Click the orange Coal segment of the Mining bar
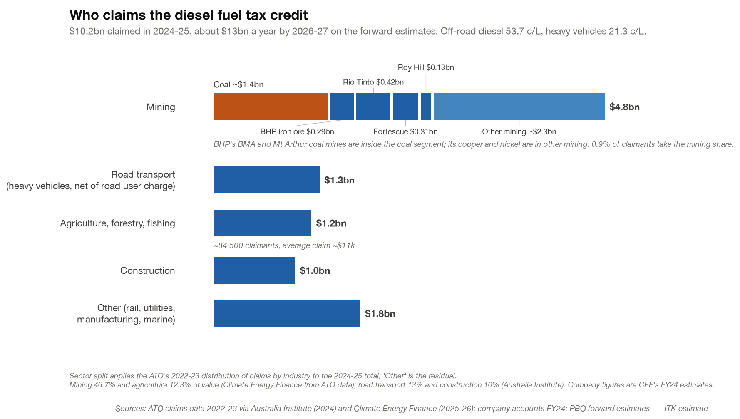coord(271,107)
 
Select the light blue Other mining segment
coord(519,107)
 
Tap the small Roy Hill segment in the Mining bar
coord(426,107)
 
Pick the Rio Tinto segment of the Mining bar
coord(373,107)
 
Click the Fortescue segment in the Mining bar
coord(405,107)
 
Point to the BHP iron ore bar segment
coord(342,107)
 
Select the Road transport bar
coord(266,180)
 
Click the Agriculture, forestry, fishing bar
coord(262,223)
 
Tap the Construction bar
coord(254,270)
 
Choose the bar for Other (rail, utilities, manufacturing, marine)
coord(287,313)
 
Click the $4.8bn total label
coord(624,107)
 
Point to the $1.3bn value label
coord(339,180)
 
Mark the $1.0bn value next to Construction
coord(315,271)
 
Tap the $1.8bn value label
coord(380,314)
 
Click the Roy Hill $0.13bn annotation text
coord(426,67)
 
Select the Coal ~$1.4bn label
coord(238,84)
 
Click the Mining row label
coord(161,107)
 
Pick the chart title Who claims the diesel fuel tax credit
coord(189,15)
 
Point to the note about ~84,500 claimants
coord(284,245)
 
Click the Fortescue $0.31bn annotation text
coord(405,132)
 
